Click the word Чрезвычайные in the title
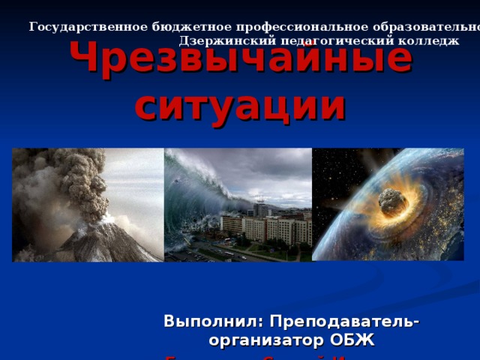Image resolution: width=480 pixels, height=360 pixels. click(241, 61)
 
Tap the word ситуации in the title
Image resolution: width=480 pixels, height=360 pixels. click(241, 106)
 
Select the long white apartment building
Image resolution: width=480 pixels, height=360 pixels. click(262, 228)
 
